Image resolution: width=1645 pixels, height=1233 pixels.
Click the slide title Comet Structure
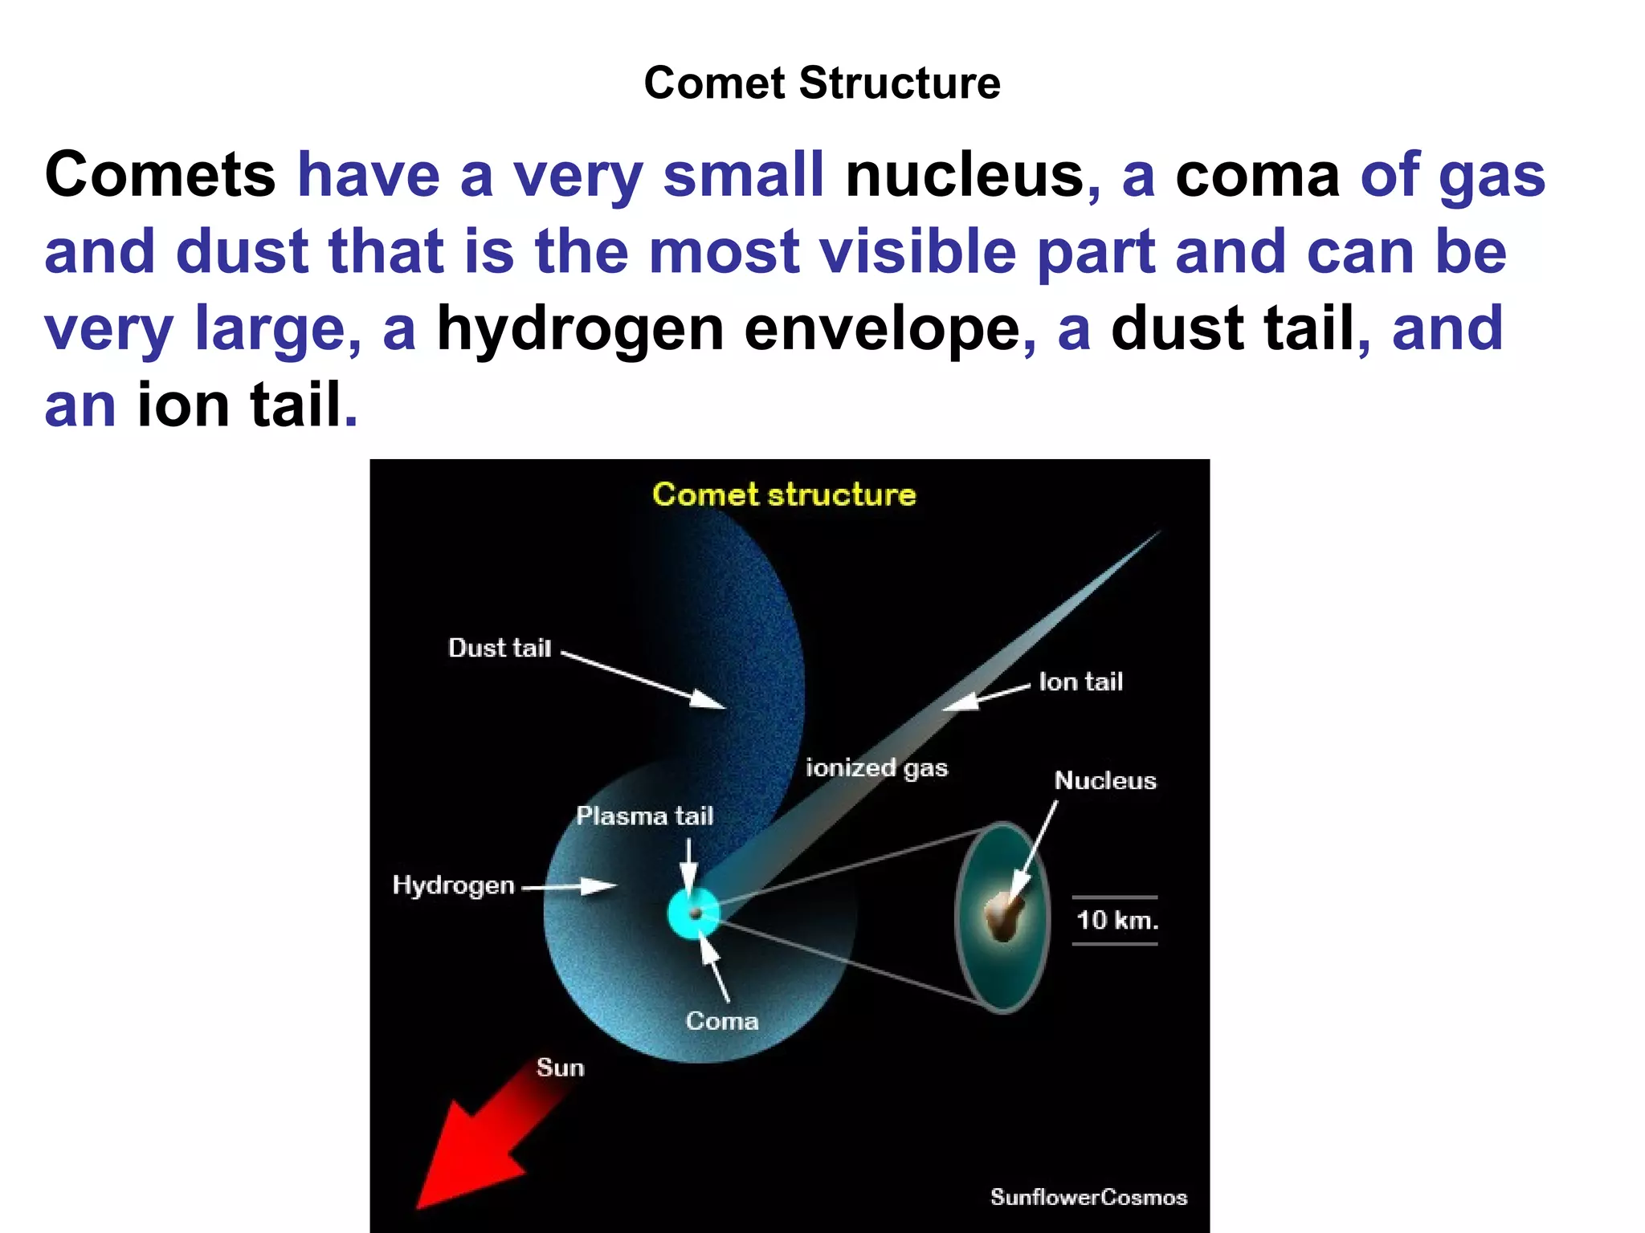pyautogui.click(x=822, y=83)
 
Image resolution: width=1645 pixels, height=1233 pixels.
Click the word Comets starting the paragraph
pyautogui.click(x=160, y=174)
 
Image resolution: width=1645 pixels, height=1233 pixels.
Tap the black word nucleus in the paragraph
pyautogui.click(x=965, y=174)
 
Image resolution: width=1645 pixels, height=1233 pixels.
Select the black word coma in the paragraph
pyautogui.click(x=1257, y=174)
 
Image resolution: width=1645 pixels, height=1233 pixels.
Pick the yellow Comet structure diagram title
pyautogui.click(x=784, y=494)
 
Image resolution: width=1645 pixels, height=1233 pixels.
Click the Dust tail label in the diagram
pyautogui.click(x=500, y=648)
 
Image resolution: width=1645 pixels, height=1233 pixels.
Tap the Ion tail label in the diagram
pyautogui.click(x=1080, y=682)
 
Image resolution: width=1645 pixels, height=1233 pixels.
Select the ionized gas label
pyautogui.click(x=876, y=768)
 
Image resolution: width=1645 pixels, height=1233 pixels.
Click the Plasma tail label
pyautogui.click(x=644, y=816)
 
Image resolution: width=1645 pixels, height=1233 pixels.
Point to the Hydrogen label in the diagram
pyautogui.click(x=453, y=885)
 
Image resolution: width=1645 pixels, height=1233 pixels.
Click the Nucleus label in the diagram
pyautogui.click(x=1104, y=780)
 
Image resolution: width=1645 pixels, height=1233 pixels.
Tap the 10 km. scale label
pyautogui.click(x=1116, y=920)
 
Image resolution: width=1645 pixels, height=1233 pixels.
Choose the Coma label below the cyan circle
pyautogui.click(x=721, y=1021)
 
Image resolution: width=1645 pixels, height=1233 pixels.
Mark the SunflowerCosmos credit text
pyautogui.click(x=1088, y=1197)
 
